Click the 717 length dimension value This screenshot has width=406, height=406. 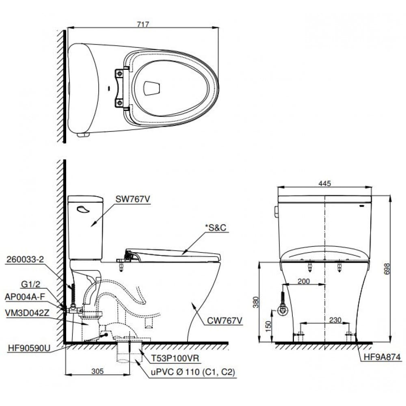tap(143, 24)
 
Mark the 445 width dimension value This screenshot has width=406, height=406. tap(325, 184)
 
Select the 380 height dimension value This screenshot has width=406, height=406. tap(255, 302)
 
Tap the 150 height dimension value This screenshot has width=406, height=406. tap(268, 326)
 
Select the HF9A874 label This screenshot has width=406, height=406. tap(381, 357)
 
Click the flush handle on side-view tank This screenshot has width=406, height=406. tap(84, 209)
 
